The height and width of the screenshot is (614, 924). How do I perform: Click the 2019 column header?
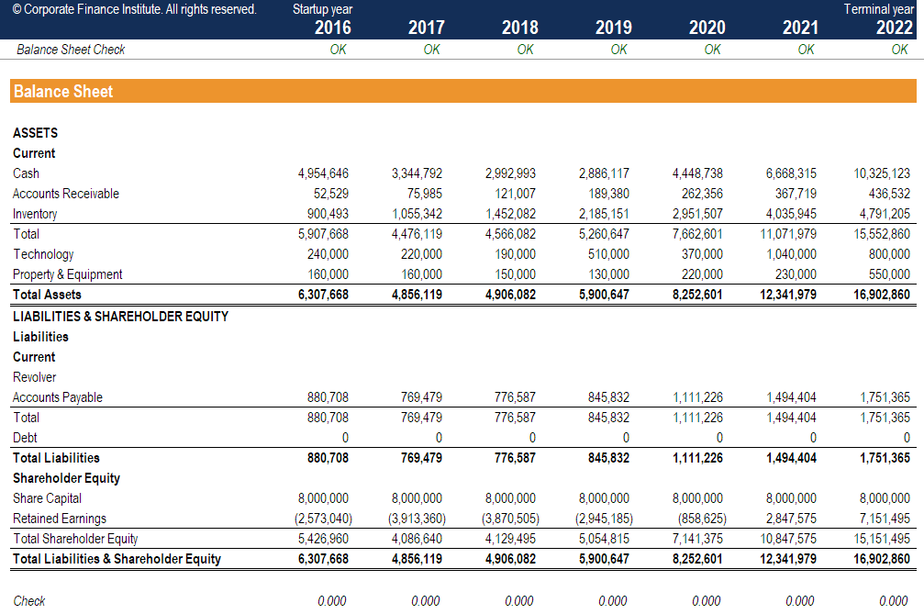[613, 28]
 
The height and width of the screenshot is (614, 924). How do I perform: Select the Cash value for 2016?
[323, 173]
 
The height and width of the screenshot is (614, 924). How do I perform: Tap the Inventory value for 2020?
[697, 214]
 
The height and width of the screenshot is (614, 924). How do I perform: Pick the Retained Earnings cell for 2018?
[509, 519]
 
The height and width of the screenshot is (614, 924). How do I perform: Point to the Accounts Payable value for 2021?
[791, 397]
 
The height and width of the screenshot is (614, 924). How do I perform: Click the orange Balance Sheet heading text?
[63, 91]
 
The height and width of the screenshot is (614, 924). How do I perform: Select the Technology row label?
[43, 254]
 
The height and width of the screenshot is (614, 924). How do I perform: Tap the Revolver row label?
[34, 377]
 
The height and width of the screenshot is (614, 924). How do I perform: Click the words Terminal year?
[878, 9]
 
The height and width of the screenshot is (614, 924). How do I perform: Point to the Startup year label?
[322, 9]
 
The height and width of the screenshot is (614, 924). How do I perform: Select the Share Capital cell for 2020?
[697, 498]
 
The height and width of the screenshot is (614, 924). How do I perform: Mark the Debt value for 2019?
[626, 438]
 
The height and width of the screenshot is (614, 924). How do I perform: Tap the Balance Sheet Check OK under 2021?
[806, 50]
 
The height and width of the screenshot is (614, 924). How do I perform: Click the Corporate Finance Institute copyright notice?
[134, 9]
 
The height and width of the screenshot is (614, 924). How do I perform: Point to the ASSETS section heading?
[36, 133]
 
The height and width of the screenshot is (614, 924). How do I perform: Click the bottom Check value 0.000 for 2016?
[331, 601]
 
